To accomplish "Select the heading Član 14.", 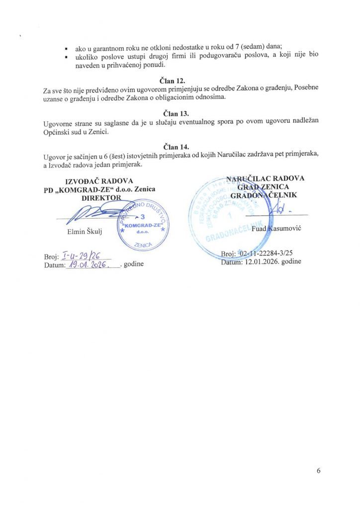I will [177, 147].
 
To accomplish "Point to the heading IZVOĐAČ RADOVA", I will [96, 181].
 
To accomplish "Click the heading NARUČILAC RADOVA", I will [266, 178].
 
